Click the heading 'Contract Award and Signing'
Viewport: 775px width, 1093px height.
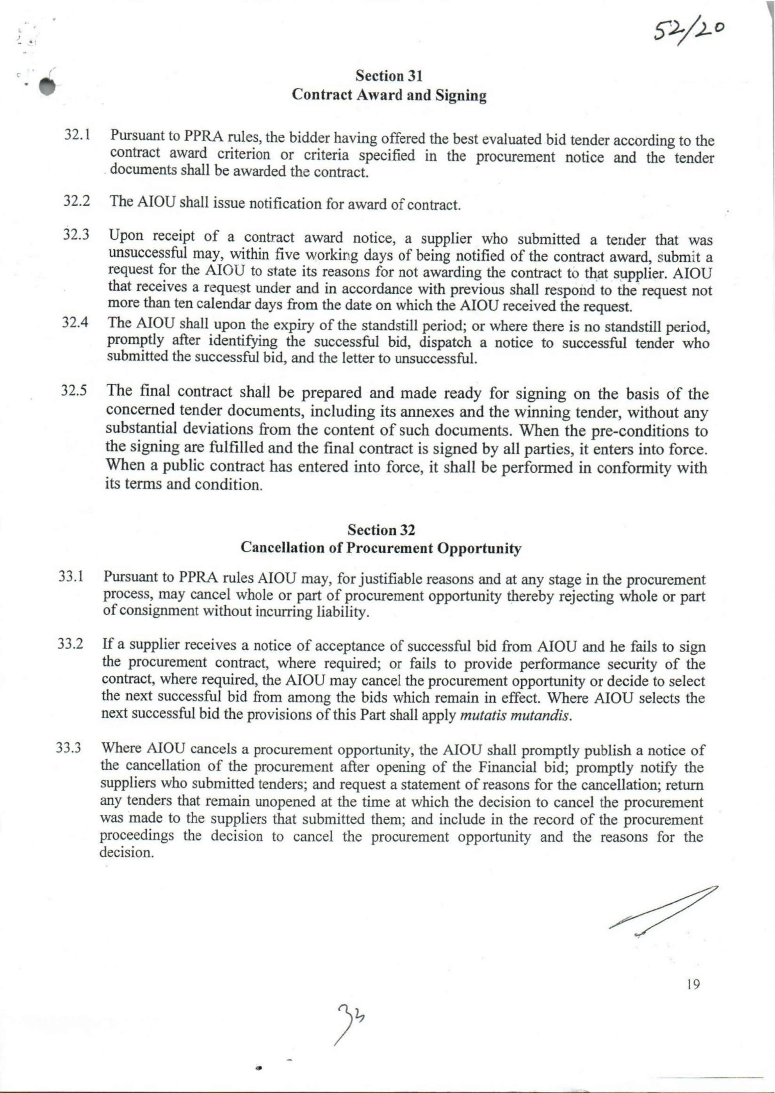click(x=389, y=95)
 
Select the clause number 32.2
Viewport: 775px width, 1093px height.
click(x=77, y=200)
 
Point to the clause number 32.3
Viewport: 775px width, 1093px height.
click(x=77, y=235)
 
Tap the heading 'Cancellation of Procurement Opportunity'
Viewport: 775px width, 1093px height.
click(x=381, y=548)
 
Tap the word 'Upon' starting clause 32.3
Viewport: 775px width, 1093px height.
click(x=125, y=236)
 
